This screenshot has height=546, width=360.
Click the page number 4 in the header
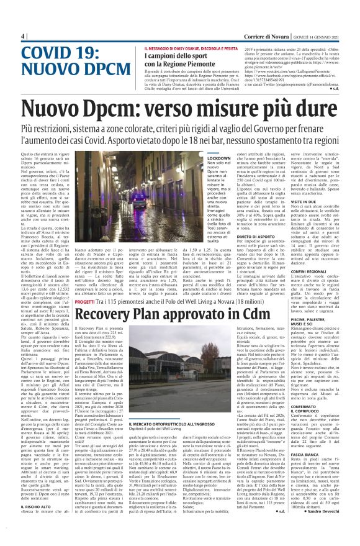24,36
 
